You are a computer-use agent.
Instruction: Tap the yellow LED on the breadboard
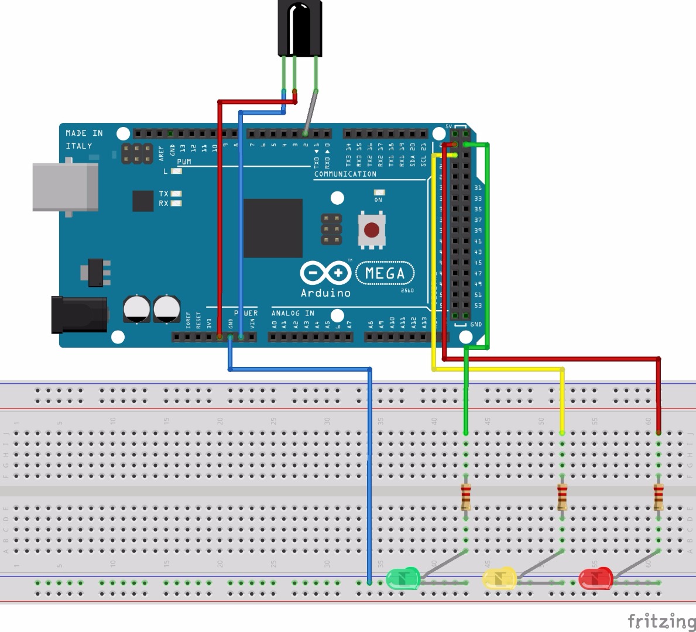[x=499, y=579]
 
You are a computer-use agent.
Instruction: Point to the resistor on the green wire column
[x=466, y=497]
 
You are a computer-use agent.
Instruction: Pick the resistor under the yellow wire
[x=562, y=497]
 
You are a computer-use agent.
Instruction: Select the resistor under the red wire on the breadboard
[x=659, y=497]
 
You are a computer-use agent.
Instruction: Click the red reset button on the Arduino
[x=372, y=229]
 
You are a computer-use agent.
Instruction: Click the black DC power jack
[x=79, y=315]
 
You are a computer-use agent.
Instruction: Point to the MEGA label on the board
[x=385, y=273]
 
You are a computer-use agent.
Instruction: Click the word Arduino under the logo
[x=325, y=293]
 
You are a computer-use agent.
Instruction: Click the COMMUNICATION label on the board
[x=345, y=174]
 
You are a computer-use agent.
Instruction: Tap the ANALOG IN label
[x=293, y=313]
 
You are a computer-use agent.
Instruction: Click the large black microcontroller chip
[x=273, y=228]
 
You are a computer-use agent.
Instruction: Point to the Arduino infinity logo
[x=325, y=273]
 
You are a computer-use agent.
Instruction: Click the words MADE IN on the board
[x=84, y=133]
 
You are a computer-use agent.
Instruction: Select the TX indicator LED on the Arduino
[x=176, y=193]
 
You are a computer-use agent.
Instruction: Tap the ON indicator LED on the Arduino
[x=379, y=193]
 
